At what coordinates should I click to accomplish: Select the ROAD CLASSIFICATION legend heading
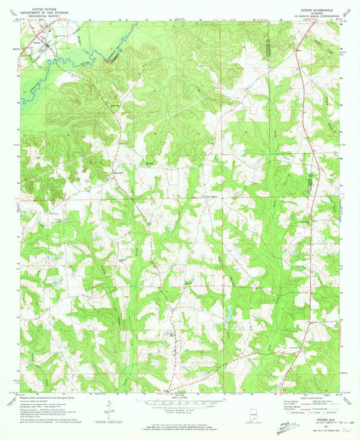pos(305,399)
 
